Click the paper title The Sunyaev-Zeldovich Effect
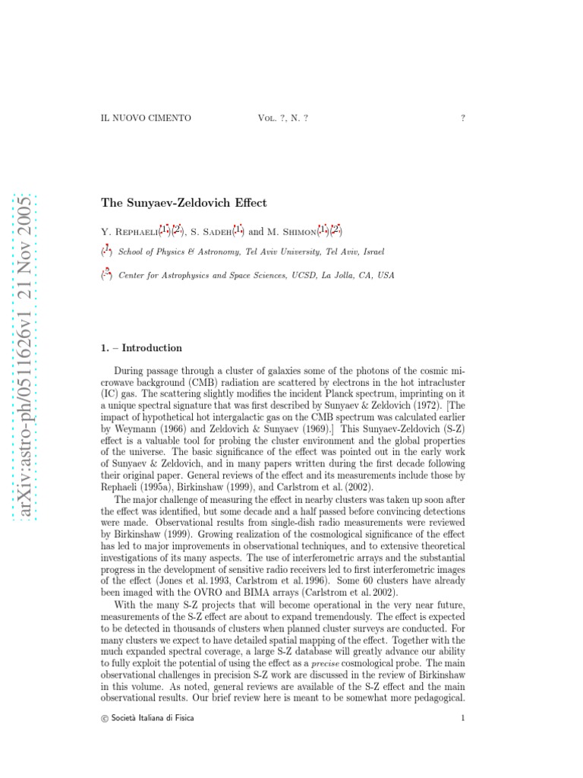[184, 204]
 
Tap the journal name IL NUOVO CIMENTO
[146, 118]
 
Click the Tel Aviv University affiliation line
[251, 251]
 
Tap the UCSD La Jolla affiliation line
[257, 275]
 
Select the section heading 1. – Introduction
[141, 348]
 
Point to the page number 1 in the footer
[462, 717]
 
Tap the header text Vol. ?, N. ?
[283, 118]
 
